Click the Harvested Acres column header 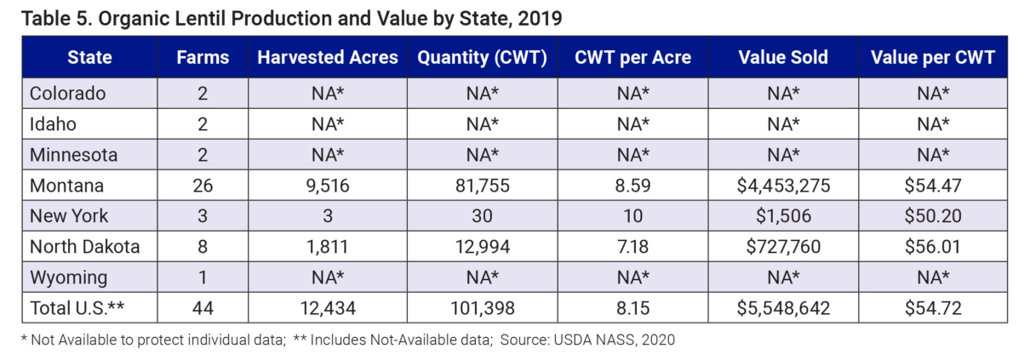point(328,58)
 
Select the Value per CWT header point(933,58)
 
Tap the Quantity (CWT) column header point(481,58)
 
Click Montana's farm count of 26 point(203,186)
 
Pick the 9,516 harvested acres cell point(328,186)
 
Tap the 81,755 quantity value point(481,186)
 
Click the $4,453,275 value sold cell point(783,186)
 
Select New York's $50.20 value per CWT point(933,216)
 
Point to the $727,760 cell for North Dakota point(783,247)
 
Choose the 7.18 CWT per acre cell point(632,247)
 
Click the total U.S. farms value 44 point(203,308)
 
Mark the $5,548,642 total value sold point(783,308)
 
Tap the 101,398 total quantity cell point(481,308)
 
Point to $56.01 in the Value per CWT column point(933,247)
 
